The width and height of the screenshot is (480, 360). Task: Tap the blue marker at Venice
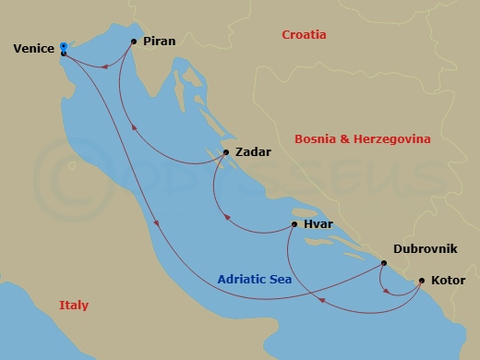click(x=63, y=45)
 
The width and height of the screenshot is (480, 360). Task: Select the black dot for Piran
click(x=135, y=42)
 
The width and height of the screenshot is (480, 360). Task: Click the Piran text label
click(x=161, y=42)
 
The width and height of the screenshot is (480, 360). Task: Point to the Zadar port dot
click(x=226, y=153)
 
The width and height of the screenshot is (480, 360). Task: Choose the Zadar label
click(x=253, y=153)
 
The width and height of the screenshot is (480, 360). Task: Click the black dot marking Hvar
click(x=294, y=224)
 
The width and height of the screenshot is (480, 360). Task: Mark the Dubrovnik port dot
click(x=383, y=263)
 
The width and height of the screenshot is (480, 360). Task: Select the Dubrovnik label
click(x=425, y=248)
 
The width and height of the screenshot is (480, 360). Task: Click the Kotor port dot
click(x=422, y=280)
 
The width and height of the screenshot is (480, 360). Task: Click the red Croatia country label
click(x=305, y=35)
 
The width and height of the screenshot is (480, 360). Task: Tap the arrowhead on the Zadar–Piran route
click(x=136, y=128)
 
